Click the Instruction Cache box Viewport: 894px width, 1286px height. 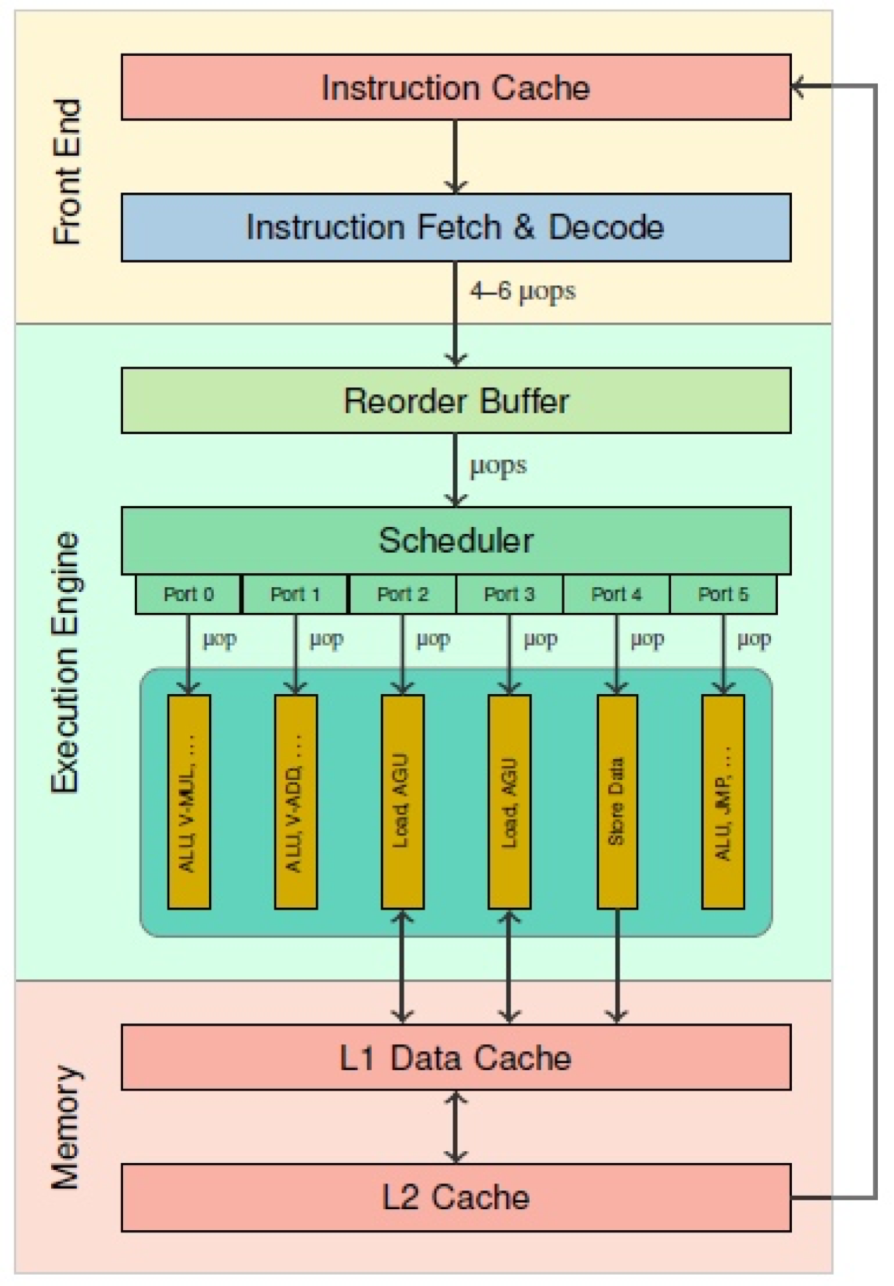click(x=455, y=87)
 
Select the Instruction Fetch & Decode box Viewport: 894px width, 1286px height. click(x=455, y=228)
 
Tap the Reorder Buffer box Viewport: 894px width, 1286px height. click(x=455, y=401)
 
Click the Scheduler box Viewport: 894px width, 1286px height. click(x=455, y=540)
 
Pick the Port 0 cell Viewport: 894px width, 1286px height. click(x=188, y=595)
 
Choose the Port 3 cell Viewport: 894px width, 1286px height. click(x=509, y=595)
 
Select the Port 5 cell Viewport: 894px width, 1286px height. click(x=723, y=595)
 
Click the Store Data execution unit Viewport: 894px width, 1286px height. click(x=617, y=801)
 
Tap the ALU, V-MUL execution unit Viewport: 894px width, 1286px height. click(x=189, y=801)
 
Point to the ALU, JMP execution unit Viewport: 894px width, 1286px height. click(x=723, y=801)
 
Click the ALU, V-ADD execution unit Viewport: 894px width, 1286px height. click(x=295, y=801)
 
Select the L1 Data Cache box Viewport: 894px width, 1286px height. click(x=455, y=1058)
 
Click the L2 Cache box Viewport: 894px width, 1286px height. click(x=455, y=1197)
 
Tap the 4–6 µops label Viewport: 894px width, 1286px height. click(x=522, y=291)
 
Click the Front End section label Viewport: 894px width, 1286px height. click(x=68, y=172)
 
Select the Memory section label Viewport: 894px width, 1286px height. click(x=66, y=1128)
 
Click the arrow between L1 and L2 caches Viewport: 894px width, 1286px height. click(x=455, y=1127)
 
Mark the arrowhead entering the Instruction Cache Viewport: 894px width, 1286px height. click(x=798, y=87)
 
